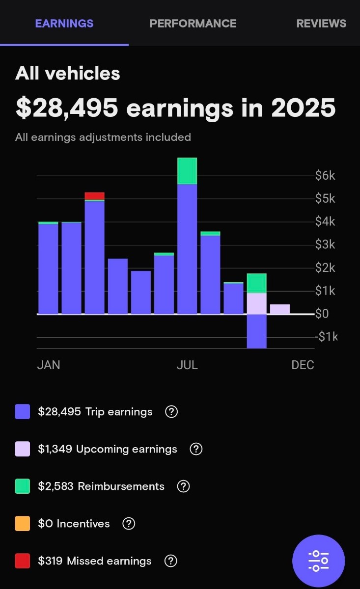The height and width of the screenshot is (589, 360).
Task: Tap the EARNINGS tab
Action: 64,23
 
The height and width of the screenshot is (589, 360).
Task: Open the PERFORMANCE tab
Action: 193,23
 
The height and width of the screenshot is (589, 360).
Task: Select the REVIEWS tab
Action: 321,23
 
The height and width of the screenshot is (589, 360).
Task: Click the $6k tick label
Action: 325,176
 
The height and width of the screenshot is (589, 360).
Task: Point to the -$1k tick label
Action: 326,337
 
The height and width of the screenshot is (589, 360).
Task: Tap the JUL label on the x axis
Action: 187,365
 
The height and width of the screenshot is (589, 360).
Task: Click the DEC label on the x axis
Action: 303,365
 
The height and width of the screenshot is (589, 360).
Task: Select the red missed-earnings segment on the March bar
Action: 94,196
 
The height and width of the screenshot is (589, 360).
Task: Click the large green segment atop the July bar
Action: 187,171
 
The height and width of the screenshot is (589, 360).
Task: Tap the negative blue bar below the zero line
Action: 256,331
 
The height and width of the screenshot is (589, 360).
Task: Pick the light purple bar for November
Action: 279,309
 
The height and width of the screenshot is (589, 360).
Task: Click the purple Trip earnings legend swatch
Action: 23,412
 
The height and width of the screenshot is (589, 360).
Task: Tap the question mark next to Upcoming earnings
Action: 196,449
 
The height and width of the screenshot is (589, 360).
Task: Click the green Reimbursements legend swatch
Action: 23,486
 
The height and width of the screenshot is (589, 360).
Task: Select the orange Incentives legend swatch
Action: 23,524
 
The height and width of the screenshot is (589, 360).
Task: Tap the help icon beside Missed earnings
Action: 170,561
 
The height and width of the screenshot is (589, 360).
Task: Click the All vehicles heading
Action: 68,74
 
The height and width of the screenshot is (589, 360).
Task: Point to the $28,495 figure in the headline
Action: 67,107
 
